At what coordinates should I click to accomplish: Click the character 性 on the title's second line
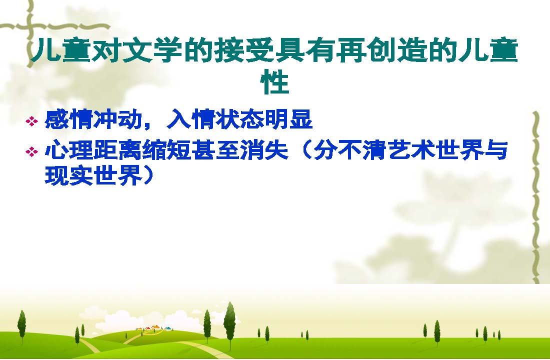point(274,83)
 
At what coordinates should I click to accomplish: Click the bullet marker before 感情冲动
point(31,122)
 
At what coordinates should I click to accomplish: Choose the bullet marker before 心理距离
point(31,152)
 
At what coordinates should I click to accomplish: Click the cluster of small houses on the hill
point(154,328)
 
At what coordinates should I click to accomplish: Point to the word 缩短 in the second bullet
point(166,150)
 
